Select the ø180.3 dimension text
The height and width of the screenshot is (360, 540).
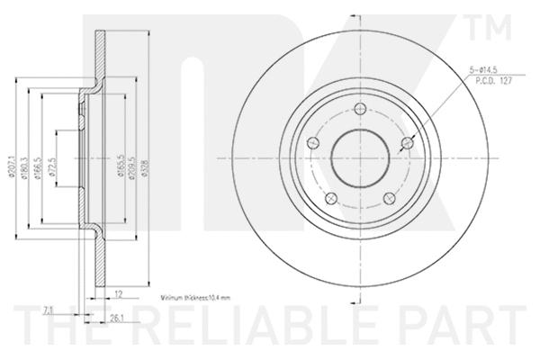pyautogui.click(x=26, y=158)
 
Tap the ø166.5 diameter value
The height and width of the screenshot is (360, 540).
pyautogui.click(x=40, y=158)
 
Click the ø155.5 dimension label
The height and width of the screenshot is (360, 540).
pyautogui.click(x=119, y=158)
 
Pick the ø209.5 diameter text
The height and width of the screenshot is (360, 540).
pyautogui.click(x=132, y=158)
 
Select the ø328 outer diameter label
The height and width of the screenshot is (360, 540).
pyautogui.click(x=147, y=158)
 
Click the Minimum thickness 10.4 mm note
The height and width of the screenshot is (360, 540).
pyautogui.click(x=194, y=295)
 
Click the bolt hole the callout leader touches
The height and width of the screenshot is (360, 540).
pyautogui.click(x=407, y=143)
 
